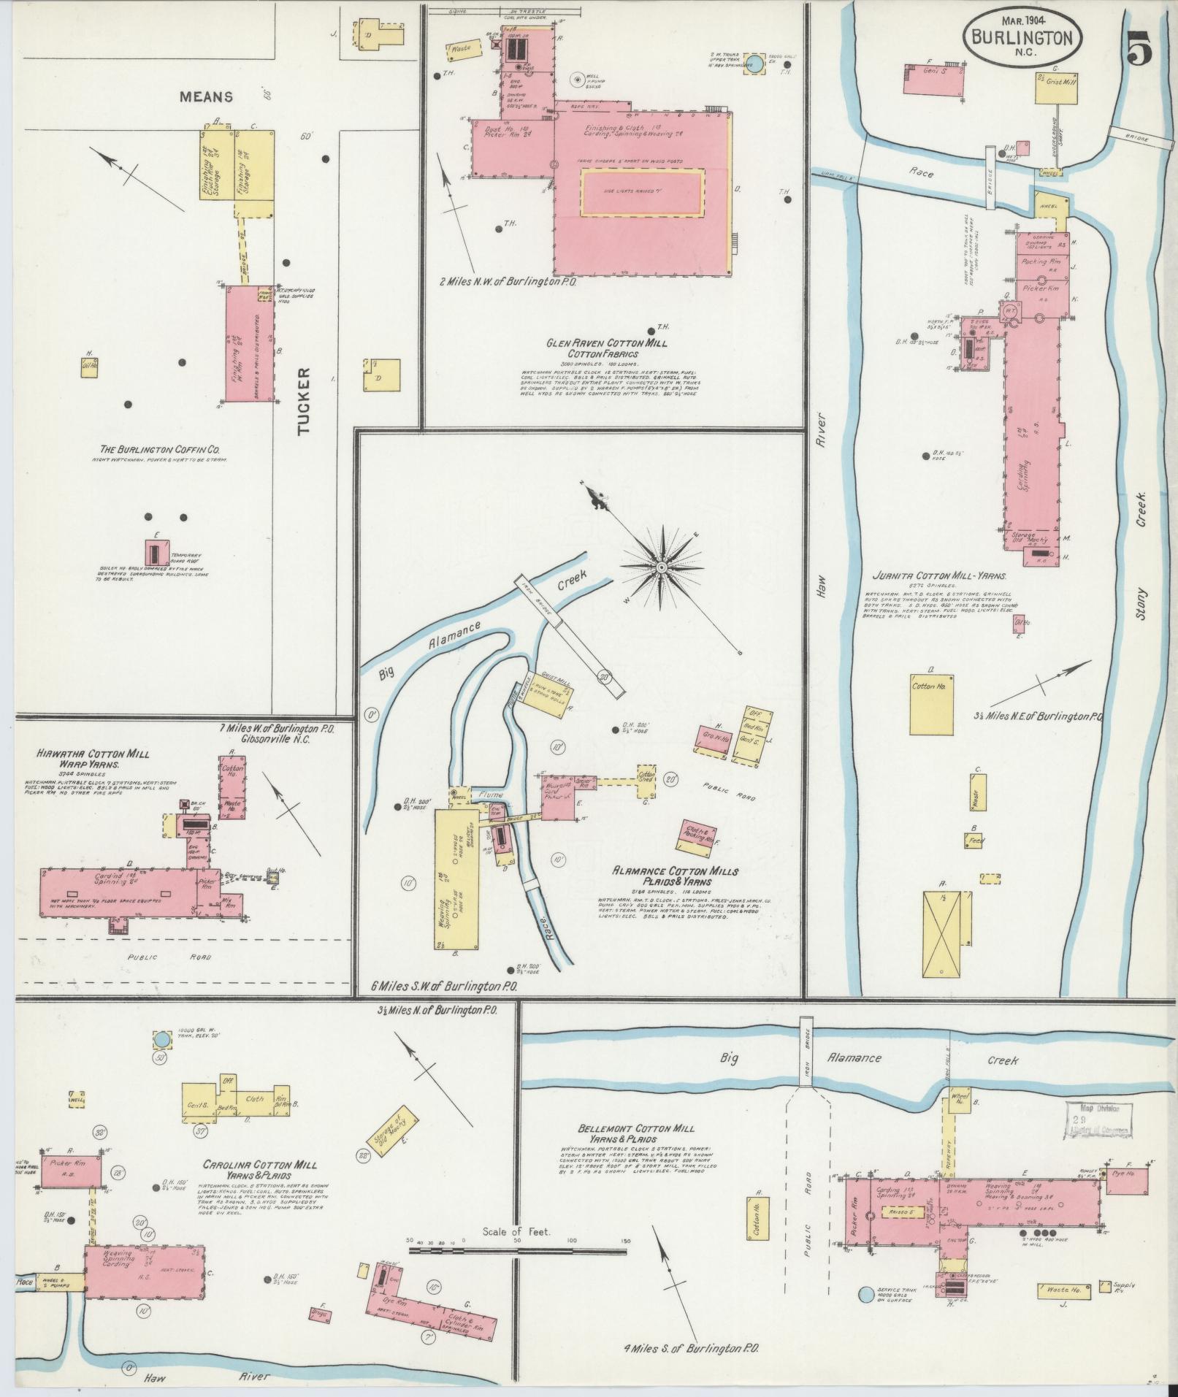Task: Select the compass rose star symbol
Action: point(662,567)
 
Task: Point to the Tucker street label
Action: point(304,401)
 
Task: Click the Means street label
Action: point(208,96)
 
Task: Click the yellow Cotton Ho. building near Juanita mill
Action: point(931,705)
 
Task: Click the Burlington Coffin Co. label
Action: point(160,450)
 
